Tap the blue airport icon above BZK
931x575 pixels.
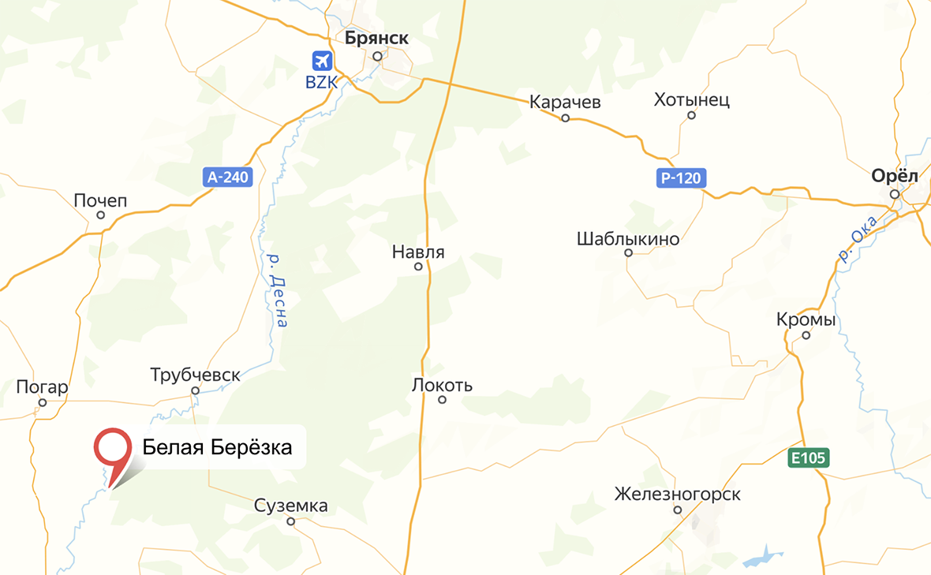coord(322,60)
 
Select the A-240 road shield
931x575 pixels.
coord(228,177)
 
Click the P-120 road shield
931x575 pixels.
coord(680,178)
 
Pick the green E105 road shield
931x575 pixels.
coord(809,457)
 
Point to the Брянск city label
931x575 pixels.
coord(376,38)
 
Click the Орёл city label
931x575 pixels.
coord(895,177)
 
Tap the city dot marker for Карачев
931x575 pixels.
coord(565,118)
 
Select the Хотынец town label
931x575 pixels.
coord(692,100)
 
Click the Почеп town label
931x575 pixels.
coord(100,200)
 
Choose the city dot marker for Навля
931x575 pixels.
coord(419,267)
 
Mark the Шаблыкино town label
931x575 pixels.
coord(628,238)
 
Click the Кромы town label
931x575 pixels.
coord(806,320)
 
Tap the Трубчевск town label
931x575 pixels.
coord(196,375)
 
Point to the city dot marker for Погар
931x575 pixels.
coord(43,402)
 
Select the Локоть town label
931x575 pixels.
coord(442,386)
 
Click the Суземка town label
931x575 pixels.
coord(290,506)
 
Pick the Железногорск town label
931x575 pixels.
coord(678,495)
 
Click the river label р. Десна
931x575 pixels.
coord(277,289)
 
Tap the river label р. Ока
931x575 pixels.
coord(858,238)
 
